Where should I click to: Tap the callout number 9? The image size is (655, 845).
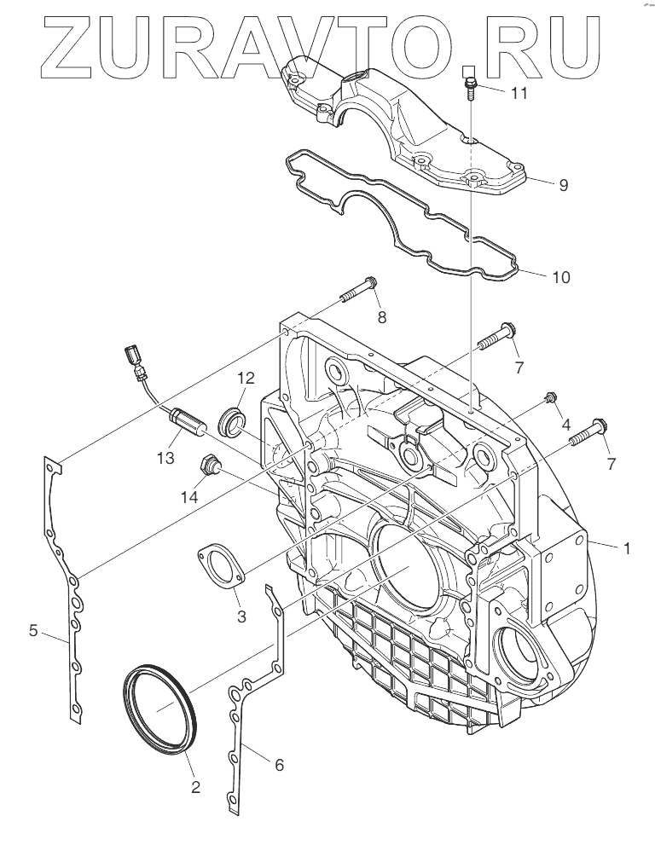click(538, 184)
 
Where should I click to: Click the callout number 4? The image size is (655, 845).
click(565, 423)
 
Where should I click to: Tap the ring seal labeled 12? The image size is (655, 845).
click(232, 421)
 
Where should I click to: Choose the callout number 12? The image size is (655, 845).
click(246, 377)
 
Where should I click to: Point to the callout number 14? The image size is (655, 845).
click(188, 495)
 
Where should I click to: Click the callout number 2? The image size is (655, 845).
click(195, 788)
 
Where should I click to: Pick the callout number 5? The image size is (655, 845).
click(33, 630)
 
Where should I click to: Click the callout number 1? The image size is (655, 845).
click(627, 548)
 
